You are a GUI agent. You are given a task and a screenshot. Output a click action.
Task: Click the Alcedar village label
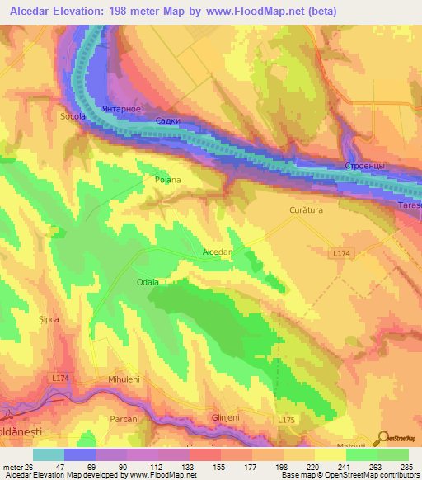(x=218, y=252)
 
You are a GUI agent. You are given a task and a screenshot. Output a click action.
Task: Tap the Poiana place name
(x=167, y=179)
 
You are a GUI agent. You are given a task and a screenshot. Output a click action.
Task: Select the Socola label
(x=73, y=117)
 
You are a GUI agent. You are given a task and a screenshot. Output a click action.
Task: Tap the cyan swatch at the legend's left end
(x=49, y=454)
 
